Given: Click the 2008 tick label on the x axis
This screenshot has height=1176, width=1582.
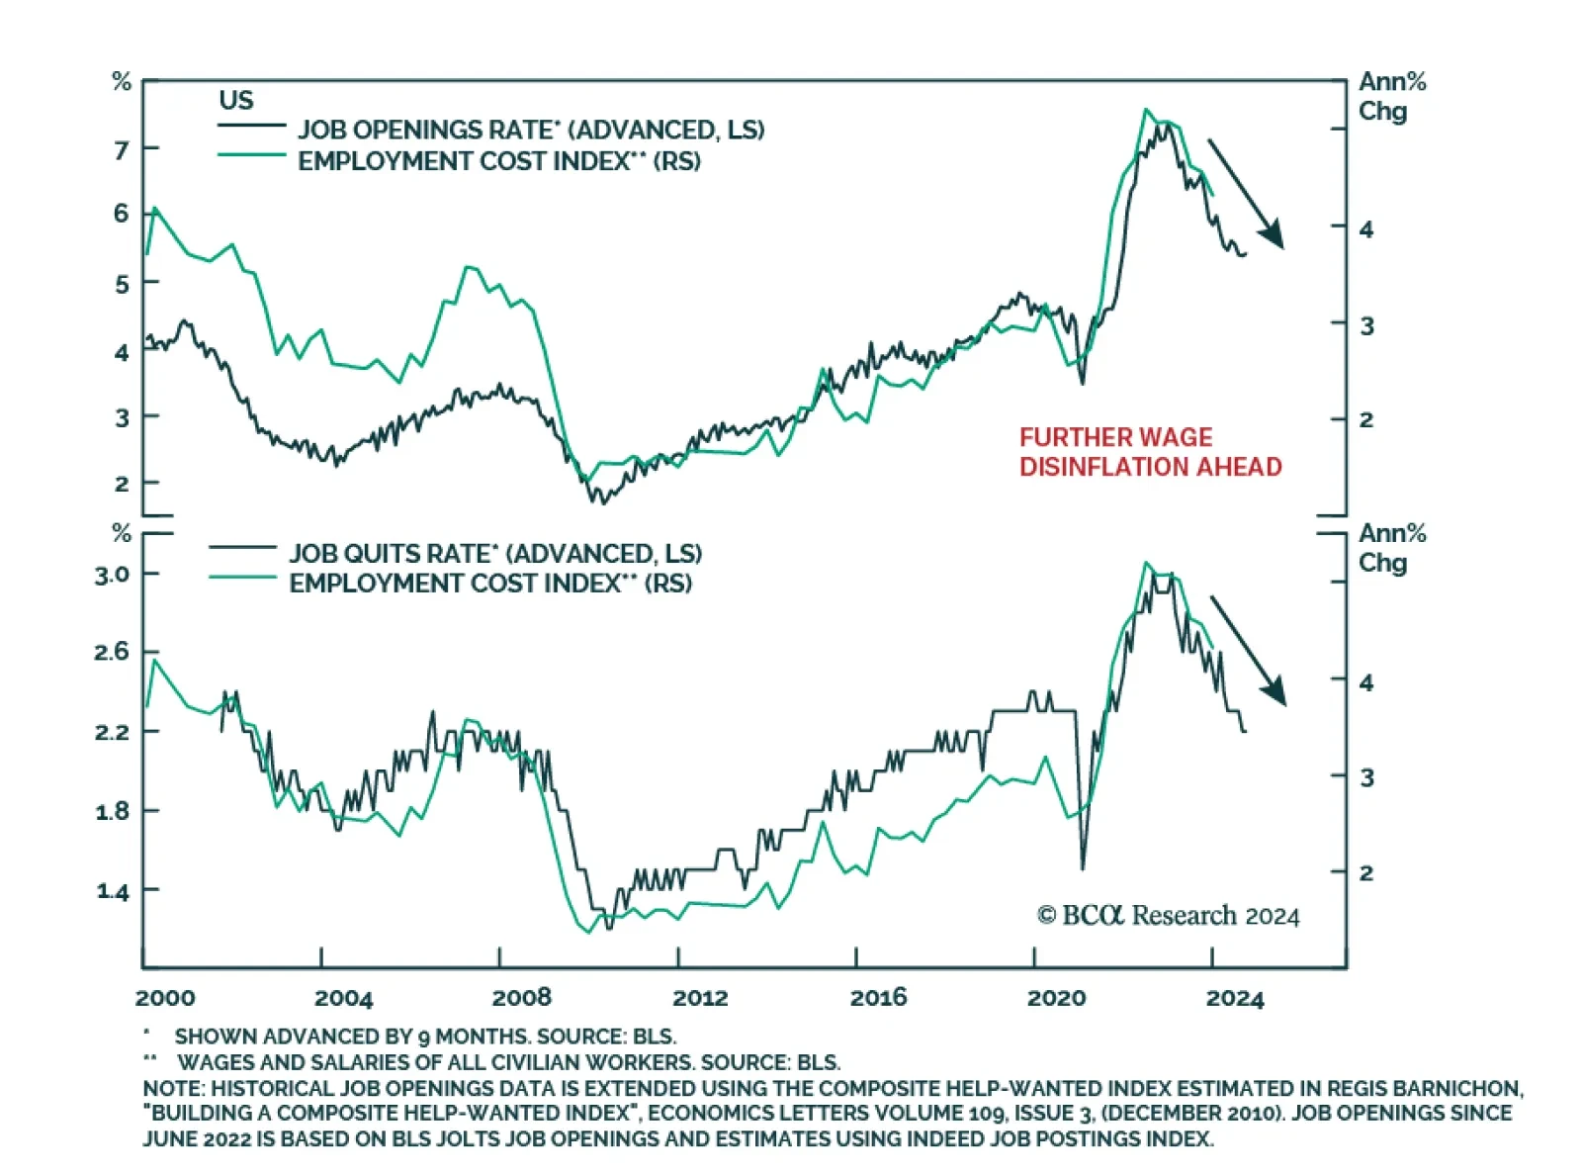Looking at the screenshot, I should (521, 997).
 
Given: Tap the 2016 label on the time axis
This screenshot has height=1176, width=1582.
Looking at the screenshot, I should (878, 997).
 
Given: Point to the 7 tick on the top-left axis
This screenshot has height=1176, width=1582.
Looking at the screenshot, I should (122, 150).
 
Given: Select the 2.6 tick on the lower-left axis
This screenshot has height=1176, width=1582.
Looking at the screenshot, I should (112, 652).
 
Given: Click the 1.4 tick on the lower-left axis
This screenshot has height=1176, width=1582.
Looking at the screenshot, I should (112, 891).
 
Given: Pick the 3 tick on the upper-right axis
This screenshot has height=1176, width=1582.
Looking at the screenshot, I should (1366, 325).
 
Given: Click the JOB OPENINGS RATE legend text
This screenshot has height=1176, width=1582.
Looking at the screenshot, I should (531, 130).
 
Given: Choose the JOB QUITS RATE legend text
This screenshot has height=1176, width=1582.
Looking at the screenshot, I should (495, 553).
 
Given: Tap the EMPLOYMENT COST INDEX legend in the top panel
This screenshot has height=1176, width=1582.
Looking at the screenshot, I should (499, 161).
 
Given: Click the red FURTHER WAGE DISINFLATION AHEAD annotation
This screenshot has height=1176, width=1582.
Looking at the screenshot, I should (1150, 452).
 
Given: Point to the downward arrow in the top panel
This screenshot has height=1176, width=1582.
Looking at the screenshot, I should (1246, 193).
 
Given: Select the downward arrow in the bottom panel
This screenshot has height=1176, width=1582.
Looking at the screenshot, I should (1249, 651).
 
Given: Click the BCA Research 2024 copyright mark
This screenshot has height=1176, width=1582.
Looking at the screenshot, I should (1168, 916).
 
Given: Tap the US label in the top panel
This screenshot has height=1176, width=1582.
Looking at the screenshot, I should (236, 101).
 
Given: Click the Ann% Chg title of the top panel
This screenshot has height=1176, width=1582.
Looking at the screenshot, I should (1391, 96).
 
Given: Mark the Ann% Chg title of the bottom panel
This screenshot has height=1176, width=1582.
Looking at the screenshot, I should (1391, 548).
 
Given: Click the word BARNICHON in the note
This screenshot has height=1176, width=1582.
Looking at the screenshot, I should (1454, 1089).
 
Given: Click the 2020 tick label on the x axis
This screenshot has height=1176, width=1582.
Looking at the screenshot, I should (1056, 997).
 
